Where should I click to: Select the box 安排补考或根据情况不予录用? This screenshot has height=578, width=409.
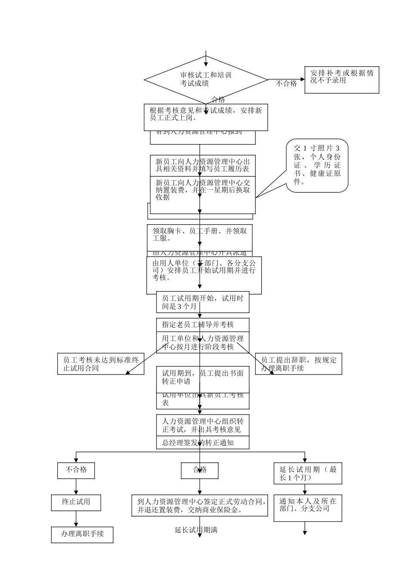[x=341, y=80]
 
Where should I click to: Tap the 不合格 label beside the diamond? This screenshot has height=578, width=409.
[x=286, y=84]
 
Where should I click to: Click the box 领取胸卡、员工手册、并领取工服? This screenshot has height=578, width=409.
[x=199, y=235]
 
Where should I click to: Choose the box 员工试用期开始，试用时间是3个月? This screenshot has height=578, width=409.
[x=202, y=302]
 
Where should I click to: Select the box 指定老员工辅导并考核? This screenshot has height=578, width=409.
[x=202, y=325]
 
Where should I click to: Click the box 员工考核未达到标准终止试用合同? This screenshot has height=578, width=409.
[x=101, y=364]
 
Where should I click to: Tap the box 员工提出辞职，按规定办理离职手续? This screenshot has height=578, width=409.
[x=298, y=364]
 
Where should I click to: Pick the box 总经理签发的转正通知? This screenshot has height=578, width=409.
[x=202, y=443]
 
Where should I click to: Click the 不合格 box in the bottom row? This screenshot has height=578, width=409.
[x=76, y=470]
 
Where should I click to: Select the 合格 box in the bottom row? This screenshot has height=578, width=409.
[x=199, y=470]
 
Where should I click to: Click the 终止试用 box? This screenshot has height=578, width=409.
[x=76, y=502]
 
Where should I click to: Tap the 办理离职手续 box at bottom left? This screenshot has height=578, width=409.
[x=82, y=535]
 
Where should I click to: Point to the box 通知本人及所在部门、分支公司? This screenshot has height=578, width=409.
[x=308, y=507]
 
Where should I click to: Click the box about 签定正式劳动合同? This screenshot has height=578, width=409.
[x=199, y=506]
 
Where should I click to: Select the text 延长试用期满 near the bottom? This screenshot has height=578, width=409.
[x=196, y=530]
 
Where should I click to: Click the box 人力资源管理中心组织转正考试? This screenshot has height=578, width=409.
[x=202, y=425]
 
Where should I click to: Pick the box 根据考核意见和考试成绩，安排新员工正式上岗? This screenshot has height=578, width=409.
[x=205, y=117]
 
